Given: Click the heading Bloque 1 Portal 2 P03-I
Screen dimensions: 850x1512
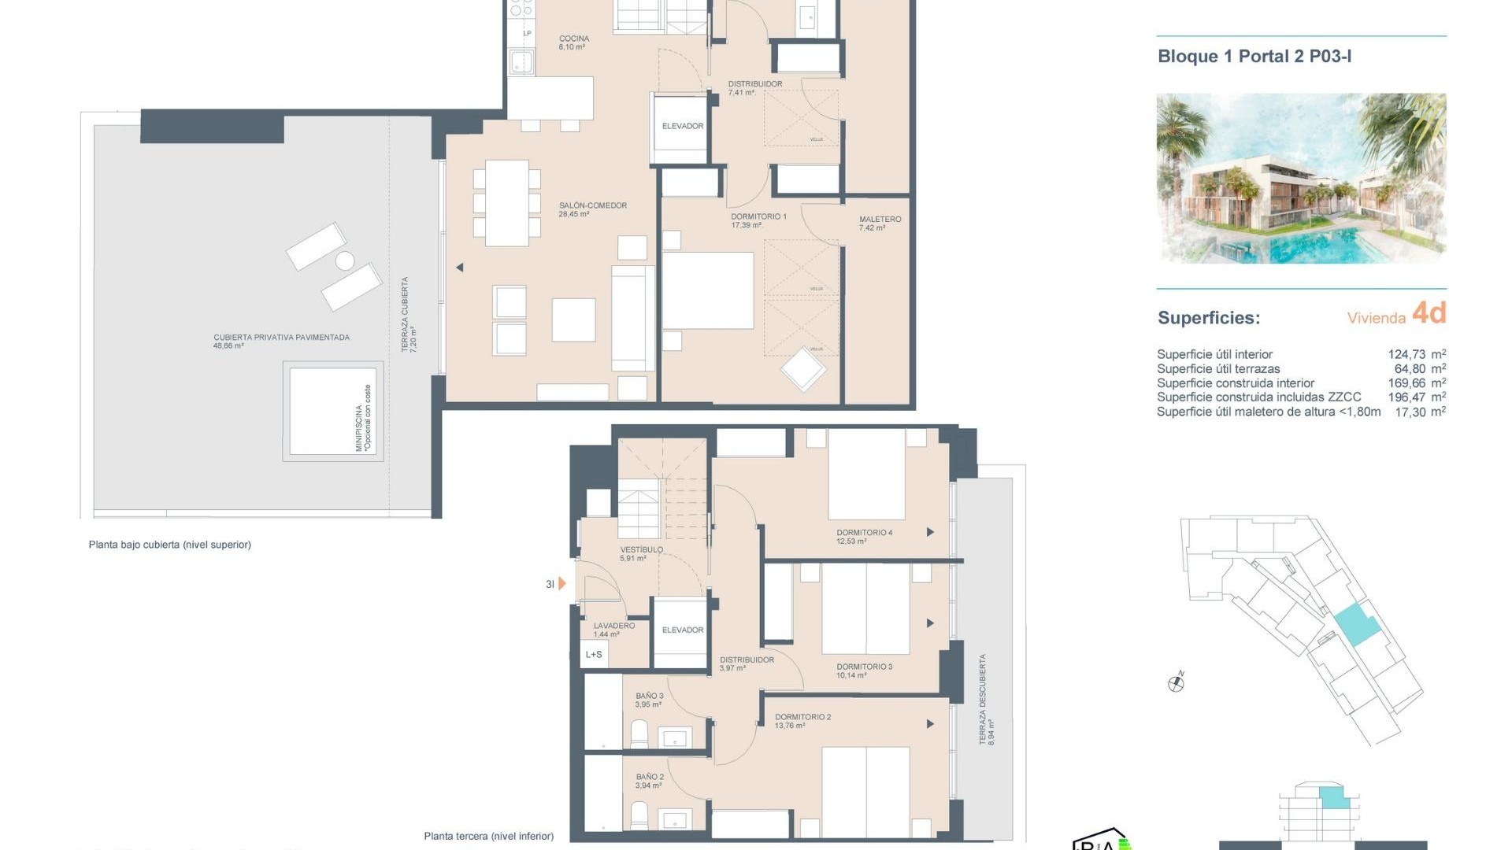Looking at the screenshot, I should tap(1254, 56).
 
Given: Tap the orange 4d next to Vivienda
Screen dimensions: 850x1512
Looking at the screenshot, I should tap(1429, 313).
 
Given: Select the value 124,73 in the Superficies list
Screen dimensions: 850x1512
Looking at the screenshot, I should tap(1406, 354).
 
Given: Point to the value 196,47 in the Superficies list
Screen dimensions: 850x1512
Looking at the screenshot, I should tap(1406, 397).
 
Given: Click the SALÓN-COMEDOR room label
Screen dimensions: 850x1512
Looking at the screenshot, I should tap(592, 206).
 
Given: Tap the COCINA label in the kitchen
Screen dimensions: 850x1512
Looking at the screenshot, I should tap(573, 39).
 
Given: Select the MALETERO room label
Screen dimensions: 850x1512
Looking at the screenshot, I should tap(880, 220).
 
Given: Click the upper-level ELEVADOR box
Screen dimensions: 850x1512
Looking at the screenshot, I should tap(682, 127).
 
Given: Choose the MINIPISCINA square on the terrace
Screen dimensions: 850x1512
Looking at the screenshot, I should tap(332, 411).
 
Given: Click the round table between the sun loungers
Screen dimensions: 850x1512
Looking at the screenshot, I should tap(345, 261).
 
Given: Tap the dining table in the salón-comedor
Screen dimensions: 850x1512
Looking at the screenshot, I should tap(506, 203).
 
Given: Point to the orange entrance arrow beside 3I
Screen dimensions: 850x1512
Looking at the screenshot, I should tap(561, 584).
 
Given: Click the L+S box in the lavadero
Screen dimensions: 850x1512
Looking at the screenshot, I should tap(594, 654).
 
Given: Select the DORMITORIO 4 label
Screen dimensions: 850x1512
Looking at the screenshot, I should tap(864, 533).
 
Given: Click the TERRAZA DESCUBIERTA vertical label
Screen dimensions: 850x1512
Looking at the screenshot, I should tap(982, 699).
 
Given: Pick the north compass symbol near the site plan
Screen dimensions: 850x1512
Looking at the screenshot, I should tap(1176, 683).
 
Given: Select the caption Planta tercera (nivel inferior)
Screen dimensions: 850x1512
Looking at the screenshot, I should tap(488, 836).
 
